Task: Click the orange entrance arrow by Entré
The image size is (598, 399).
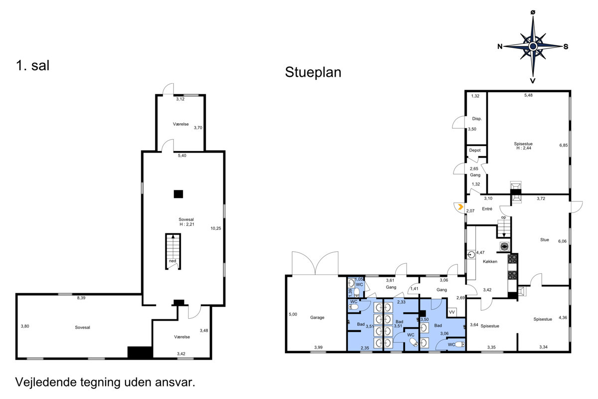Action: tap(460, 207)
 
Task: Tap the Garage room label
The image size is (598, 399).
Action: tap(317, 318)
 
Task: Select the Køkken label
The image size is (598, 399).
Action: tap(490, 261)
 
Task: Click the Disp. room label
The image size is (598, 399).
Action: tap(477, 119)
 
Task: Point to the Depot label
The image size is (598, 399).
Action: tap(474, 150)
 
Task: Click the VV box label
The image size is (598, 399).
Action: tap(451, 312)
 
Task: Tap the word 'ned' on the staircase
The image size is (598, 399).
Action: tap(172, 261)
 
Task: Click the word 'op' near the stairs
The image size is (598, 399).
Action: tap(503, 217)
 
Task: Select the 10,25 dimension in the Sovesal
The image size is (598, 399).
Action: tap(216, 228)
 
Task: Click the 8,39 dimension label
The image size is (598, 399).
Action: tap(81, 298)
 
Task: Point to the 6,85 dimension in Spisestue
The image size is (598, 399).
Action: tap(564, 145)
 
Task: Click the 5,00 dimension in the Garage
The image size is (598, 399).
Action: tap(293, 314)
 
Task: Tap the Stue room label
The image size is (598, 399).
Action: tap(545, 240)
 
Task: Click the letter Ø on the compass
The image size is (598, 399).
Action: tap(533, 12)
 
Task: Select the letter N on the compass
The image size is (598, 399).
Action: tap(500, 46)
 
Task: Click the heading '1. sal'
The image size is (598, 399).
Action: tap(32, 65)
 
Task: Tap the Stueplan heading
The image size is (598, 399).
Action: tap(313, 72)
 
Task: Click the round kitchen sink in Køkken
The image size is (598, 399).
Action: tap(471, 254)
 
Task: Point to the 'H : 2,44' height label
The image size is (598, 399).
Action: tap(524, 148)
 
